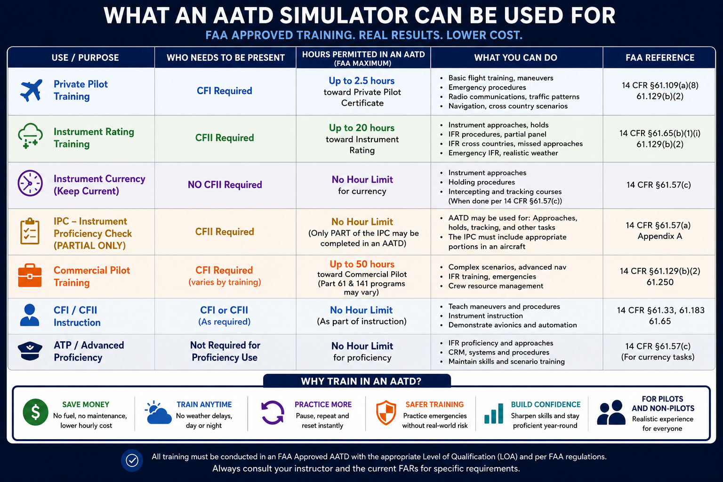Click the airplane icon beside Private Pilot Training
coord(31,90)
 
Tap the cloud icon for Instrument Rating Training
coord(30,136)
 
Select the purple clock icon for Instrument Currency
coord(30,183)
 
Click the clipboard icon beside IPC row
coord(30,231)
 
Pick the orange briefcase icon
coord(30,276)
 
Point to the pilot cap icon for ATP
coord(30,351)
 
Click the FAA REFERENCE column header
coord(660,58)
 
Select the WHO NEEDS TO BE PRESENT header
coord(225,58)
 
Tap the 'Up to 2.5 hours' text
coord(361,80)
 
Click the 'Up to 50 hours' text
coord(362,264)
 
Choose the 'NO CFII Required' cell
coord(225,185)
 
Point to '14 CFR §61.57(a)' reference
coord(658,225)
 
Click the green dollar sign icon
coord(35,412)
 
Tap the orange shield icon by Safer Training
coord(386,413)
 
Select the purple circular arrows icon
coord(273,413)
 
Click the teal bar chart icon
coord(494,414)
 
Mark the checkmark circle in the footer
coord(132,460)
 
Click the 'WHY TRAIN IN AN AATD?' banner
coord(357,381)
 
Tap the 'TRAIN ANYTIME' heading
coord(204,404)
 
